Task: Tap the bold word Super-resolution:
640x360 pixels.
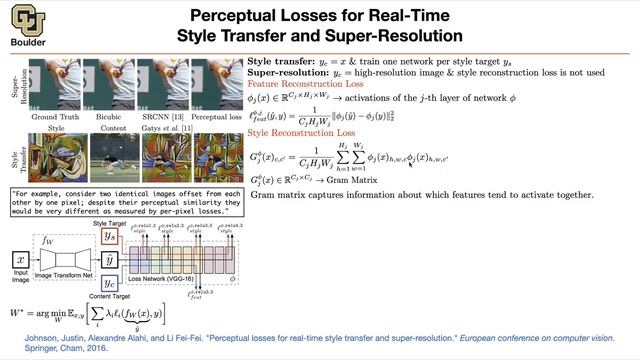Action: coord(288,73)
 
